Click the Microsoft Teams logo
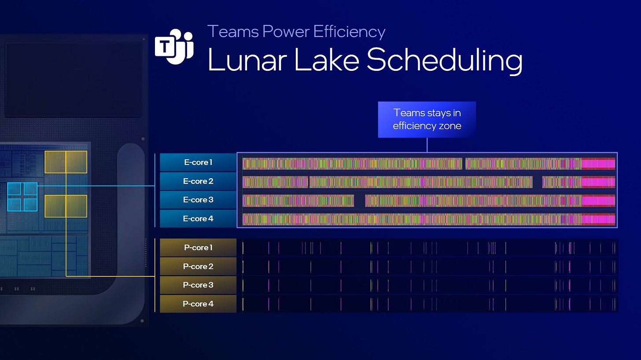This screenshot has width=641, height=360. click(x=174, y=47)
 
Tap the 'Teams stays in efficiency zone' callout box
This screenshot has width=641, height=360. click(x=427, y=119)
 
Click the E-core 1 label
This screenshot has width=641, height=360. click(x=198, y=162)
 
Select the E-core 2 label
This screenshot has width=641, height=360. click(x=198, y=181)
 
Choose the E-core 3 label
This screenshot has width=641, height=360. click(x=198, y=200)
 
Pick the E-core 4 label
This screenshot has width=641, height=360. click(x=198, y=219)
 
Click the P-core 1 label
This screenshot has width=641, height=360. click(x=198, y=248)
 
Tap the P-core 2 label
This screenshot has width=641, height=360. click(x=198, y=266)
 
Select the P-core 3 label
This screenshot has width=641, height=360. click(x=198, y=285)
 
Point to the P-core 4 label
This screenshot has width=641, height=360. click(x=198, y=304)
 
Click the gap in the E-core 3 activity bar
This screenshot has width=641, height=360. click(x=360, y=201)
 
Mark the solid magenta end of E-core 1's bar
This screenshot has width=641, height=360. click(x=598, y=164)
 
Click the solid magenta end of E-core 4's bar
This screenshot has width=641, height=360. click(x=598, y=219)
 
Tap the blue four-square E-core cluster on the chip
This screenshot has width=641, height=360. click(x=22, y=196)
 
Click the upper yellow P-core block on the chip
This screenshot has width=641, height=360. click(x=66, y=162)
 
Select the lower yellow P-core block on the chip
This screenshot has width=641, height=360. click(x=66, y=206)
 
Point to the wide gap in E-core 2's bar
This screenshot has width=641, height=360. click(x=537, y=182)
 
